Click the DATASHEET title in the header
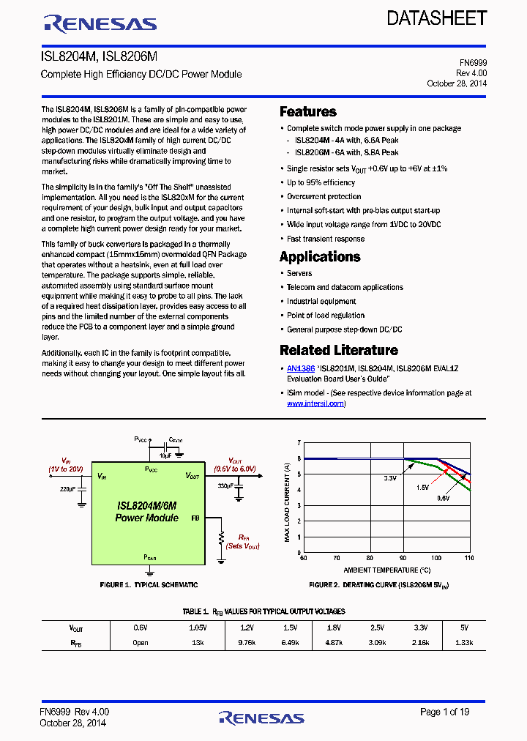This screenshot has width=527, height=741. pos(437,18)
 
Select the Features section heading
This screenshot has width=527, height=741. pos(308,112)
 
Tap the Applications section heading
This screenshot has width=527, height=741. pos(320,257)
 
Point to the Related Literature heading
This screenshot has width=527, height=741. pos(339,350)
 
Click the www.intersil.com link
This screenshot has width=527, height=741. pos(315,403)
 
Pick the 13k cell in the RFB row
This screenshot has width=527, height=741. pos(198,643)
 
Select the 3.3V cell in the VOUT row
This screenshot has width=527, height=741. pos(421,628)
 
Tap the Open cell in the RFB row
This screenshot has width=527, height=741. pos(141,643)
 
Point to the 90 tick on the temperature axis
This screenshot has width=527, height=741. pos(403,558)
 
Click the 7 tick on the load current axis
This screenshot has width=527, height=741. pos(299,443)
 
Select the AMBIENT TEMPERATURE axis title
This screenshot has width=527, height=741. pos(386,570)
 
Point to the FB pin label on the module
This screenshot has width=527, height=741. pos(195,518)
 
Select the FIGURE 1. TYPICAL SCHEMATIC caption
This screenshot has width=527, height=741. pos(149,585)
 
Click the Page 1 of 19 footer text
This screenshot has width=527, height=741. pos(445,712)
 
